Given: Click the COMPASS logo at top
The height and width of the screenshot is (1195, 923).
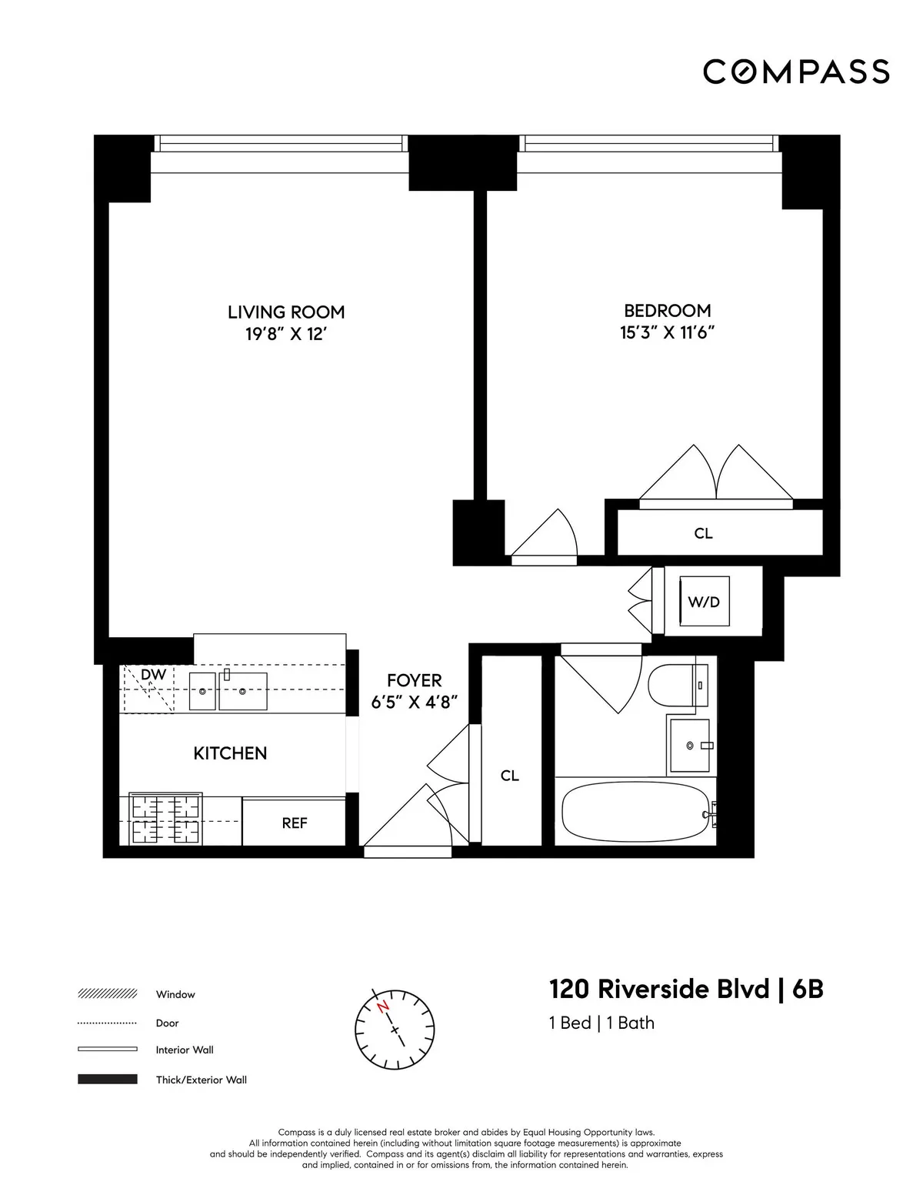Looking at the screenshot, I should tap(796, 72).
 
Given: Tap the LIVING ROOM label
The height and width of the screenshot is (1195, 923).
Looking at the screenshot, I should tap(285, 312).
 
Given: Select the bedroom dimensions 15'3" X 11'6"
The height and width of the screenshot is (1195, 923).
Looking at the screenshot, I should tap(667, 332).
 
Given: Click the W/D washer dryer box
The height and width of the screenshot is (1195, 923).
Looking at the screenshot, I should tap(704, 602).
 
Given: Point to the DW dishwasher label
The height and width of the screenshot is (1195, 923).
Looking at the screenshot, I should tap(154, 675).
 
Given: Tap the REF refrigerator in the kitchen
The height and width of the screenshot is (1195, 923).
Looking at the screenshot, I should tap(295, 823).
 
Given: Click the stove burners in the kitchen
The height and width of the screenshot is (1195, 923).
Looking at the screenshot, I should tap(165, 819).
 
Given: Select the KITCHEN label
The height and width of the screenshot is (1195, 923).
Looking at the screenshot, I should tap(230, 753).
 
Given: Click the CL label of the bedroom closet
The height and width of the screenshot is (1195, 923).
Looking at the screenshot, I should tap(703, 532).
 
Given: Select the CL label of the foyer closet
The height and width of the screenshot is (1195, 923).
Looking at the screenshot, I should tap(510, 776).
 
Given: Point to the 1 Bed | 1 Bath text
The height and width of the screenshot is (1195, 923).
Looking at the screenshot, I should tap(601, 1023).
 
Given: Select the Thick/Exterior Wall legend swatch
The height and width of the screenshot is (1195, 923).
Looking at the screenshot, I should tap(108, 1080).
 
